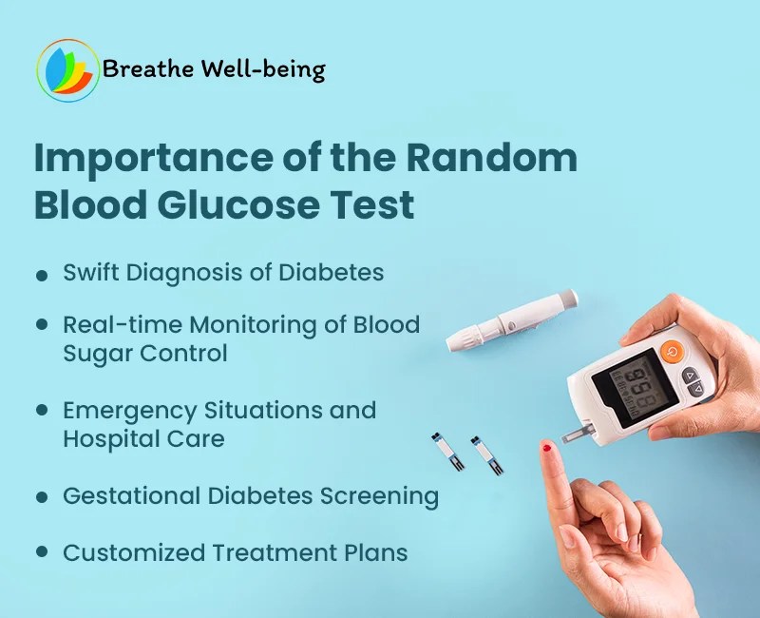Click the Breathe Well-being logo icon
pos(67,70)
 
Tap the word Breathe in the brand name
pos(142,69)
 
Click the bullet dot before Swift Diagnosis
pos(42,275)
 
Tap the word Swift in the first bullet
pos(90,273)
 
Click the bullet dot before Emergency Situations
pos(42,411)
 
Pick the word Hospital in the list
pos(106,439)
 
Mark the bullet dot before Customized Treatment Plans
pos(42,551)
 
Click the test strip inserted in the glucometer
pos(579,434)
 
